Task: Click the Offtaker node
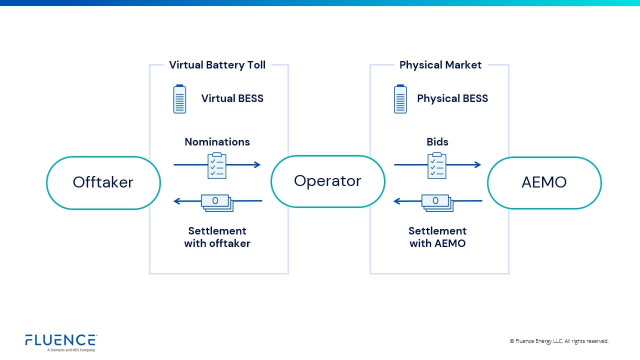tap(103, 182)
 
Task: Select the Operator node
tap(327, 181)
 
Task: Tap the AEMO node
tap(544, 182)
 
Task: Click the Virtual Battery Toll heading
tap(217, 65)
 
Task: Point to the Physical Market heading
tap(440, 65)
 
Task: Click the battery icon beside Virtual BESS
tap(179, 99)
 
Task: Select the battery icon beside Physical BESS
tap(400, 99)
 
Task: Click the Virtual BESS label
tap(232, 98)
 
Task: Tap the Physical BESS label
tap(452, 98)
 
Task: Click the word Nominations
tap(217, 142)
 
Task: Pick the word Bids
tap(437, 142)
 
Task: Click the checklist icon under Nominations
tap(216, 165)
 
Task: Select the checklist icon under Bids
tap(436, 165)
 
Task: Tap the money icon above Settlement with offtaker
tap(217, 202)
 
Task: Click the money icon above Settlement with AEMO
tap(437, 202)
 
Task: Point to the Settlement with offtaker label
tap(217, 237)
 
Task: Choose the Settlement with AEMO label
tap(437, 237)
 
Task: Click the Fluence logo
tap(60, 342)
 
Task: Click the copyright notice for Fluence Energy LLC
tap(558, 341)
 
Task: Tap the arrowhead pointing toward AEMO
tap(477, 164)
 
